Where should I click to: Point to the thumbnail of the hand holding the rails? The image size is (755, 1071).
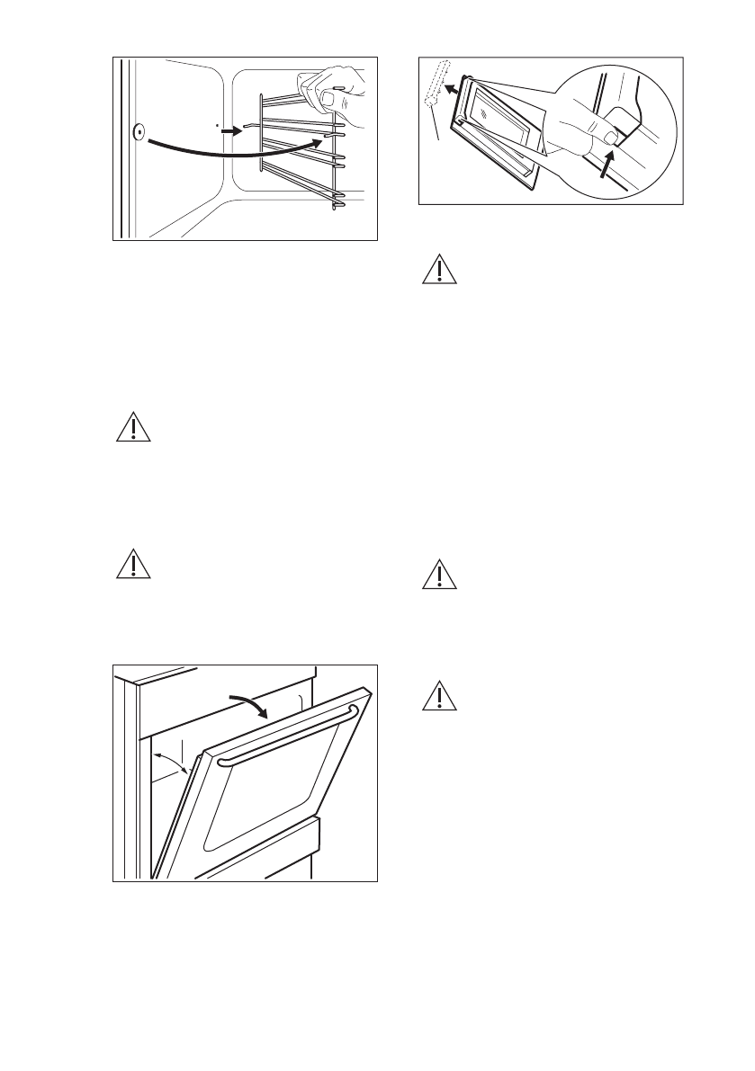click(x=330, y=97)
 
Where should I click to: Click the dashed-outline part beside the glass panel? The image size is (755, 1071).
click(x=436, y=85)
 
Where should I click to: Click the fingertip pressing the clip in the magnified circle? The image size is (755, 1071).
click(x=613, y=138)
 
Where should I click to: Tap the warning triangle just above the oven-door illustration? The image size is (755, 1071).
click(x=133, y=564)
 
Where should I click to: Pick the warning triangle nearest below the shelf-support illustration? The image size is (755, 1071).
click(x=133, y=427)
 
